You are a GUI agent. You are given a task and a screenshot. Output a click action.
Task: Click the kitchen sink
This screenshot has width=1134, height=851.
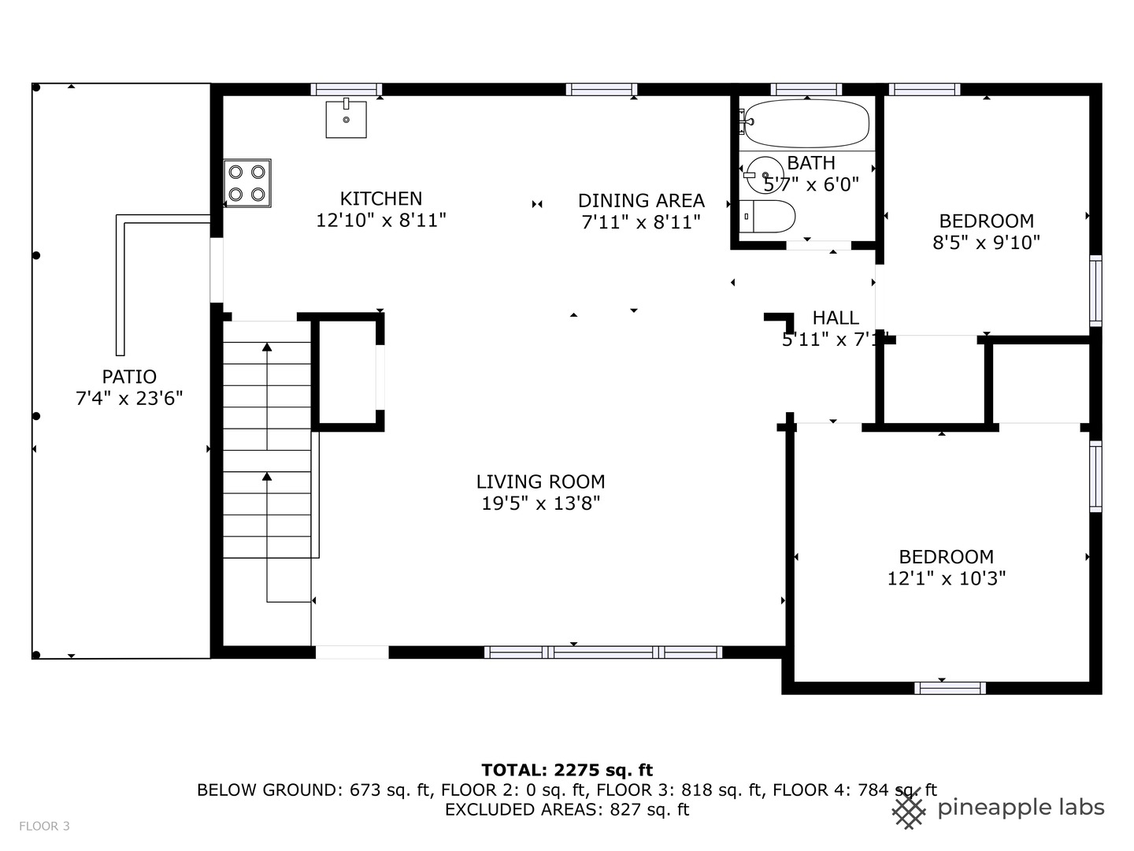(346, 119)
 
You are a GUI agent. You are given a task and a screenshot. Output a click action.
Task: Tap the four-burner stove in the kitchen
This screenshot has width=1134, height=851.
(247, 183)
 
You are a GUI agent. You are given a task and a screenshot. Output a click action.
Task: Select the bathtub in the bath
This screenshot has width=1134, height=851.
(806, 123)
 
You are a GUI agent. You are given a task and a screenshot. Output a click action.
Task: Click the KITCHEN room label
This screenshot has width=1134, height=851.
(380, 199)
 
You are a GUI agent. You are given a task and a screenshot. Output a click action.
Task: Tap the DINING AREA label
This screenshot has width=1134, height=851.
(641, 201)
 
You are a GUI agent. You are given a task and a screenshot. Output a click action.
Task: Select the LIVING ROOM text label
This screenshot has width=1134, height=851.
(540, 481)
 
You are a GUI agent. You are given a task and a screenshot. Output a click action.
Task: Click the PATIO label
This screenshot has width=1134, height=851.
(129, 377)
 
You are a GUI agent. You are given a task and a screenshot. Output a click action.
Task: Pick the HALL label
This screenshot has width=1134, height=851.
(836, 318)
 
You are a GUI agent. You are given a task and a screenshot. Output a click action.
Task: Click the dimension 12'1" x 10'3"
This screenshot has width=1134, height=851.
(946, 578)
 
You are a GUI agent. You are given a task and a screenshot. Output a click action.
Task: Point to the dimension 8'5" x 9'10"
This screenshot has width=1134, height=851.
(986, 243)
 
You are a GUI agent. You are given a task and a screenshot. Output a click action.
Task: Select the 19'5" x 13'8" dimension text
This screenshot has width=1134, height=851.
(540, 504)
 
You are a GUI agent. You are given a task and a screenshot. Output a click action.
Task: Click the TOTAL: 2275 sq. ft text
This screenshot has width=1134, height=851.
(567, 770)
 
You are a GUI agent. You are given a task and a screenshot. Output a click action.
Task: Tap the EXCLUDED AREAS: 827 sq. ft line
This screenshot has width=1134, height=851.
(567, 809)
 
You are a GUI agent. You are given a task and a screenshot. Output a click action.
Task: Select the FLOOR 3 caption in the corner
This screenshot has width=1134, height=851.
(44, 826)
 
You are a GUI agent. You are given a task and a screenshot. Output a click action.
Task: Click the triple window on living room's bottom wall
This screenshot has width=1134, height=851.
(603, 652)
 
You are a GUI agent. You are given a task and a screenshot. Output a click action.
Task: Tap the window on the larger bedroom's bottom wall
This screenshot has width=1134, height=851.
(950, 688)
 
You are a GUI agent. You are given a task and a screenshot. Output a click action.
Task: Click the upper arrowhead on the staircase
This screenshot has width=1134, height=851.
(267, 347)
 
